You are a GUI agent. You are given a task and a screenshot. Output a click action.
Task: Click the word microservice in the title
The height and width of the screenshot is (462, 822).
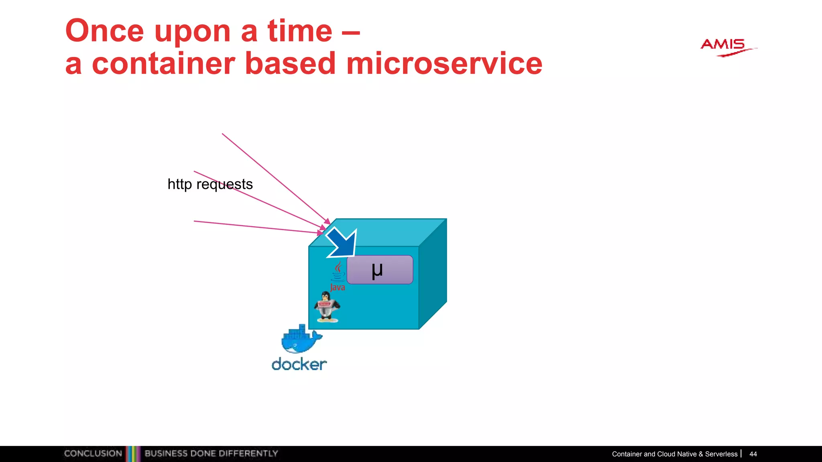(x=444, y=64)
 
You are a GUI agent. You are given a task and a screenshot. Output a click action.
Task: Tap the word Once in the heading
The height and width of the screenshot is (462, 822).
(x=104, y=31)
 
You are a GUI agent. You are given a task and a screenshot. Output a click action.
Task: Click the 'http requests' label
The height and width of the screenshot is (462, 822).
(x=210, y=184)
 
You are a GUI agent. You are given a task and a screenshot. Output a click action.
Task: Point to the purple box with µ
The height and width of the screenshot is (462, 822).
(x=379, y=269)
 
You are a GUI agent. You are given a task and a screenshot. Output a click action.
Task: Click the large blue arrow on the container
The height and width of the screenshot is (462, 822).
(x=342, y=243)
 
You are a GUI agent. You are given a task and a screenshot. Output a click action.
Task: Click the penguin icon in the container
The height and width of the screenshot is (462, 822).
(x=327, y=307)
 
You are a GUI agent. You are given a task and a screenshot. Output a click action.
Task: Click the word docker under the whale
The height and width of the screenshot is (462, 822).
(x=299, y=365)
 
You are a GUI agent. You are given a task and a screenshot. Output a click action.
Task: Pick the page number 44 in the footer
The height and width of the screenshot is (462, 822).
(x=753, y=454)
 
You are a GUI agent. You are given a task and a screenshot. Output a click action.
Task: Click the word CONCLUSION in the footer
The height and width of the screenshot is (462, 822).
(x=93, y=454)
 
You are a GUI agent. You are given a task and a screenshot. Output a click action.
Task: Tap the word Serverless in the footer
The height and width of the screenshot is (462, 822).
(x=721, y=454)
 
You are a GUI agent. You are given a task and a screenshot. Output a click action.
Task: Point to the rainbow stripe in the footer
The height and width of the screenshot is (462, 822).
(x=133, y=454)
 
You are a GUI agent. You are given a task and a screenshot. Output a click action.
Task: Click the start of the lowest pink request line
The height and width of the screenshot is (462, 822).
(x=195, y=221)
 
